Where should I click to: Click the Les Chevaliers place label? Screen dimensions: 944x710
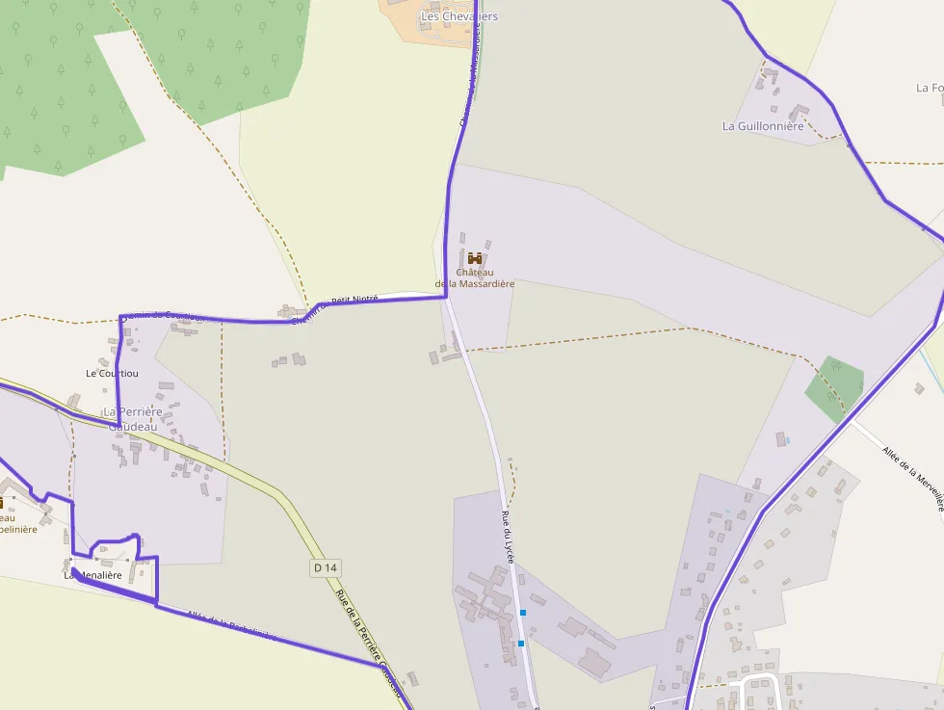coord(459,16)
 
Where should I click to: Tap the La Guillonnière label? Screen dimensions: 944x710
coord(763,126)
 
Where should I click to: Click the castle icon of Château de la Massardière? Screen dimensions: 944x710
coord(475,258)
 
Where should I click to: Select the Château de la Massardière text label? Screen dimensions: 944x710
coord(475,278)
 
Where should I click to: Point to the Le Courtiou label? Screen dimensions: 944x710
coord(111,373)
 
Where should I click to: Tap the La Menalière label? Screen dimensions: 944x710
coord(93,575)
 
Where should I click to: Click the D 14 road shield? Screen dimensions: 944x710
coord(326,567)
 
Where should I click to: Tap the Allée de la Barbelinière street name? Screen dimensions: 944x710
coord(231,625)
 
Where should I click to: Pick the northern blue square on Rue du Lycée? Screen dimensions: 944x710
coord(523,613)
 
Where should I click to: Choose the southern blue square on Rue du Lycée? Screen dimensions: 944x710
coord(521,643)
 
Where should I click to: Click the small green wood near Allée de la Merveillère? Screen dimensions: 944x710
coord(834,387)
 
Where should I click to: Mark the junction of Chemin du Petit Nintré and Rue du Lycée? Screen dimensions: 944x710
coord(447,297)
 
